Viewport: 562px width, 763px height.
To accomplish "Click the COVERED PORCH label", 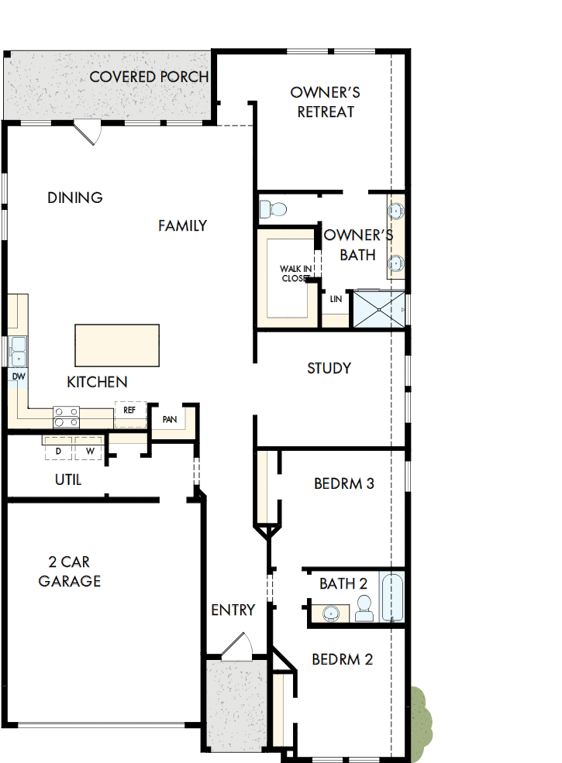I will [149, 77].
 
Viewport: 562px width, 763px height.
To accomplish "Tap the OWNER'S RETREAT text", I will [326, 101].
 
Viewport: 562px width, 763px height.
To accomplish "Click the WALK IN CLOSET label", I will [295, 273].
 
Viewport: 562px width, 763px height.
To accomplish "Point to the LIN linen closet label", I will [336, 299].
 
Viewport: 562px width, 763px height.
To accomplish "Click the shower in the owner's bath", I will [378, 309].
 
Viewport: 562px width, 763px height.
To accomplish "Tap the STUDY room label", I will [329, 368].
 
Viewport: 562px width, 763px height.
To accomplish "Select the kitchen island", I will [117, 345].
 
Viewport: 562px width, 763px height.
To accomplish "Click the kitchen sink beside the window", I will [17, 352].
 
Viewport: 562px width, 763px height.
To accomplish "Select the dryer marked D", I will [58, 450].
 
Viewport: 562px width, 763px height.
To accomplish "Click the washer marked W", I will [90, 450].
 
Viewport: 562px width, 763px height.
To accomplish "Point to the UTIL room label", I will [68, 479].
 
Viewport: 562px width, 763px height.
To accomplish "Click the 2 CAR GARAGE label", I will [70, 572].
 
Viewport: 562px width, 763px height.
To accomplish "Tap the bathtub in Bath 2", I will [392, 597].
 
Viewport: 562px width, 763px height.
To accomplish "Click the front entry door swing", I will [238, 646].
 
